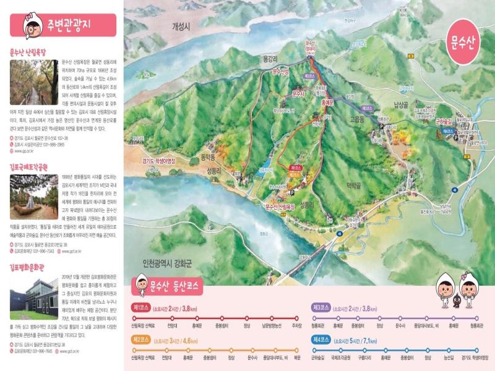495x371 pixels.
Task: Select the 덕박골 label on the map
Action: pyautogui.click(x=353, y=184)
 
